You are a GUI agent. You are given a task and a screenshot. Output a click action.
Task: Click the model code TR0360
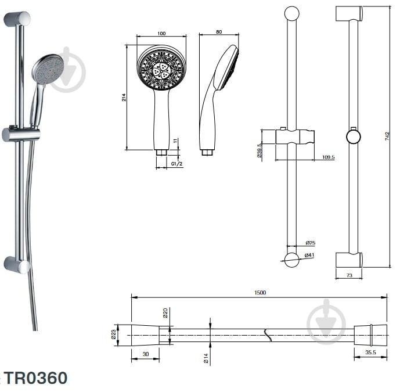click(x=35, y=378)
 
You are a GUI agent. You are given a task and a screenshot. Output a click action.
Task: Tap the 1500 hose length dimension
click(x=260, y=293)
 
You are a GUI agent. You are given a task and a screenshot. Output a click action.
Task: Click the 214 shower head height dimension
click(x=124, y=98)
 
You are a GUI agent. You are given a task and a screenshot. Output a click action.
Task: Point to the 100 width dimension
click(x=161, y=33)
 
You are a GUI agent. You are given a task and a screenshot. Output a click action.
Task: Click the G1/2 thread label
click(x=177, y=164)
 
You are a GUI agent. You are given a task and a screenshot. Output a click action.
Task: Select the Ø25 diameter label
click(x=310, y=243)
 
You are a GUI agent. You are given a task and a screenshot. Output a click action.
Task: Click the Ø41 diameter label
click(x=310, y=256)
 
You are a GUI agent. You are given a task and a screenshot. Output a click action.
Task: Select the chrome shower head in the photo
click(x=47, y=69)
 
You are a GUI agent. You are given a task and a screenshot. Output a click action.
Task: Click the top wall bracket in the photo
click(x=17, y=19)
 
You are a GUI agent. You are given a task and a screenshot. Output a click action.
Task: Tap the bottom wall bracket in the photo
click(x=16, y=265)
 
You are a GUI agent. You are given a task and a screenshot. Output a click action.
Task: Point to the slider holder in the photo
click(x=21, y=134)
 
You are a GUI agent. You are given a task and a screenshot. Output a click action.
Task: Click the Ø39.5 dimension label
click(x=260, y=152)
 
